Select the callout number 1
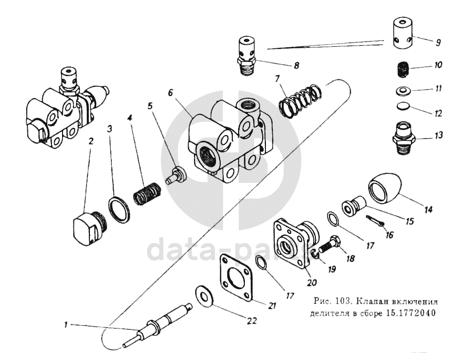click(66, 325)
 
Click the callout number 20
click(312, 282)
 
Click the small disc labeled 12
click(402, 107)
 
